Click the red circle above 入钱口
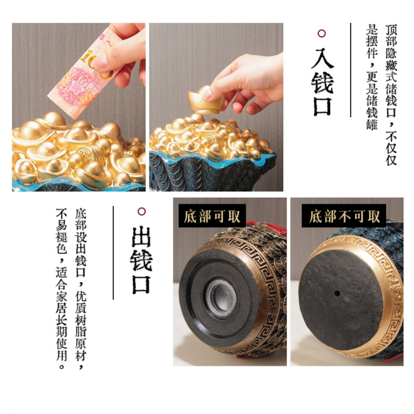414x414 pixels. point(322,33)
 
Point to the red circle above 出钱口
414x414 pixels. point(141,211)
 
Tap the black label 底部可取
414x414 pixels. point(212,216)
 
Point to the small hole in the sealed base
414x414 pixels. point(336,293)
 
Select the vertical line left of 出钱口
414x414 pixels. point(113,253)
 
